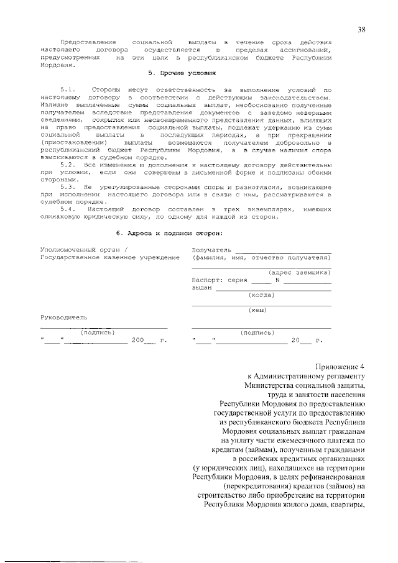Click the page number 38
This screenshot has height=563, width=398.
coord(362,29)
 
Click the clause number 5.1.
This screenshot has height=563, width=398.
coord(68,90)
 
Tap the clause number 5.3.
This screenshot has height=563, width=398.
coord(68,186)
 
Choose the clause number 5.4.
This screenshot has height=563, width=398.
coord(68,209)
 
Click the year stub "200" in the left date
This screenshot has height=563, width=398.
coord(137,341)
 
